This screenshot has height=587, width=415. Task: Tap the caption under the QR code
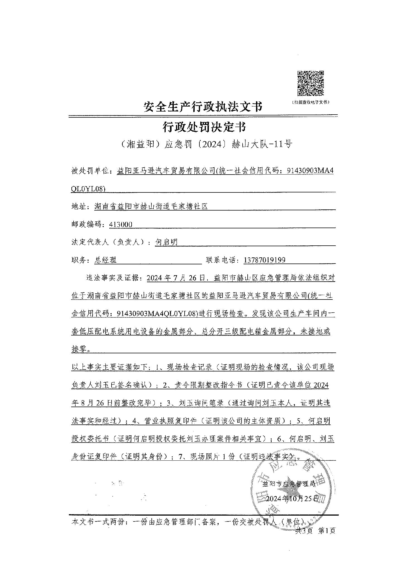pos(310,102)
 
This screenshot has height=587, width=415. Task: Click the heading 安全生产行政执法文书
pos(203,107)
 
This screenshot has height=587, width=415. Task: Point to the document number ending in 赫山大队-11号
pos(203,144)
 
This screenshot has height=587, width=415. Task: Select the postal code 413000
pos(121,224)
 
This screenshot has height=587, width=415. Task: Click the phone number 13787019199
pos(264,260)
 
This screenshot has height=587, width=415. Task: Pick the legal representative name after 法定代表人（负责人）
pos(166,242)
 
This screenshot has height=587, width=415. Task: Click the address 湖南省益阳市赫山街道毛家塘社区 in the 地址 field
pos(151,207)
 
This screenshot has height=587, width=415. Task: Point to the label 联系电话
pos(222,260)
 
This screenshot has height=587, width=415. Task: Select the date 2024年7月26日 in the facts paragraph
pos(176,278)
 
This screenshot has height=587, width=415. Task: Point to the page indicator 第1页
pos(327,531)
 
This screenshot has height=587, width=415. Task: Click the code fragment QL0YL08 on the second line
pos(88,189)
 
